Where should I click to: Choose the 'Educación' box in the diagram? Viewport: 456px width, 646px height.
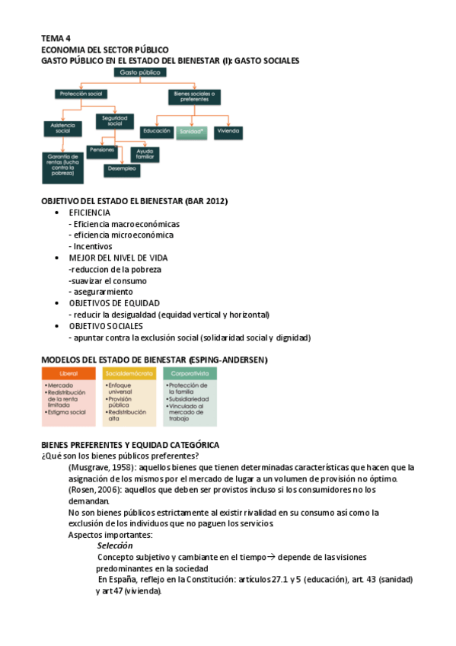click(157, 131)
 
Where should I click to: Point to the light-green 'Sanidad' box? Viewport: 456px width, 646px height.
click(191, 131)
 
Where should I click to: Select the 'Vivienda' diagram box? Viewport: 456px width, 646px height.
click(228, 131)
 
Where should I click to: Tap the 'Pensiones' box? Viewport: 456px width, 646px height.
click(101, 150)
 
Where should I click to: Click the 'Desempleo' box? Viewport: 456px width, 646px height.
click(123, 168)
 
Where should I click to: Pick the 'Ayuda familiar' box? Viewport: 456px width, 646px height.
click(145, 153)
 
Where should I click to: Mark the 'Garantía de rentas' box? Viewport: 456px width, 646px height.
click(62, 167)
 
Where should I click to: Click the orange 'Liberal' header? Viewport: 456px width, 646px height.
click(69, 374)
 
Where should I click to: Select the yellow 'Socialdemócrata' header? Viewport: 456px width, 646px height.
click(129, 374)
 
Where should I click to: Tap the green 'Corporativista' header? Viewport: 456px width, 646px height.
click(190, 374)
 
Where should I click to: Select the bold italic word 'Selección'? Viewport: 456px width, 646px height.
click(115, 545)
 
